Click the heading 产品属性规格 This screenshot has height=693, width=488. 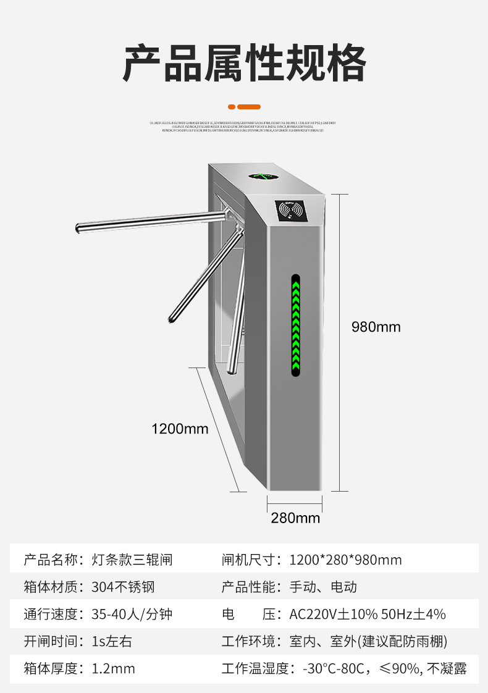pos(244,63)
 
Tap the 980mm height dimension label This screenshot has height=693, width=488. pos(376,327)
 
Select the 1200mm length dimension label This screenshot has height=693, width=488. pos(180,428)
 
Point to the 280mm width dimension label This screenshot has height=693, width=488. pos(295,518)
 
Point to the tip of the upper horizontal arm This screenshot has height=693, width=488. pos(78,229)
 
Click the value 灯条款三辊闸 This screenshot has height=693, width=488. pos(132,560)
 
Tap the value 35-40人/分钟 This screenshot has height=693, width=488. pos(132,614)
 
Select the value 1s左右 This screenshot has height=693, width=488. pos(112,641)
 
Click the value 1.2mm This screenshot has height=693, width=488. pos(113,668)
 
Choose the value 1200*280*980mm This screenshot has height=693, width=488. pos(345,560)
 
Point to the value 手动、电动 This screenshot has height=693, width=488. pos(323,587)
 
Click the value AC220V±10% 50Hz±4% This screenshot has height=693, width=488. pos(368,614)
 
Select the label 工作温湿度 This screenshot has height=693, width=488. pos(255,668)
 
